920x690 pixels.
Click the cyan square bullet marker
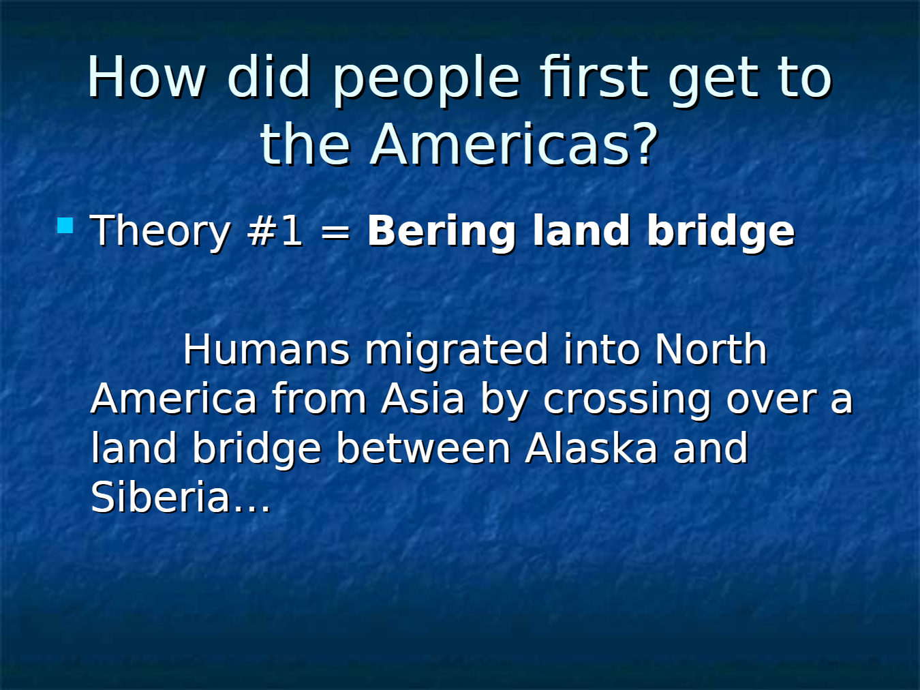tap(65, 225)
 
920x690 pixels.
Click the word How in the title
tap(147, 77)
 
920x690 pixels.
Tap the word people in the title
tap(426, 81)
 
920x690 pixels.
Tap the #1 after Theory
tap(275, 230)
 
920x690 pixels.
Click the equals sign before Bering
tap(335, 232)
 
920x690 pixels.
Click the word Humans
tap(266, 349)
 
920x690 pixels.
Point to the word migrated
tap(457, 352)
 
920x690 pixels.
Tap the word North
tap(711, 349)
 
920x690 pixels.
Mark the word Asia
tap(423, 399)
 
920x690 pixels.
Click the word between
tap(424, 448)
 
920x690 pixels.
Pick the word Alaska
tap(591, 448)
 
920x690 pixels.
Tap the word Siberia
tap(160, 496)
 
